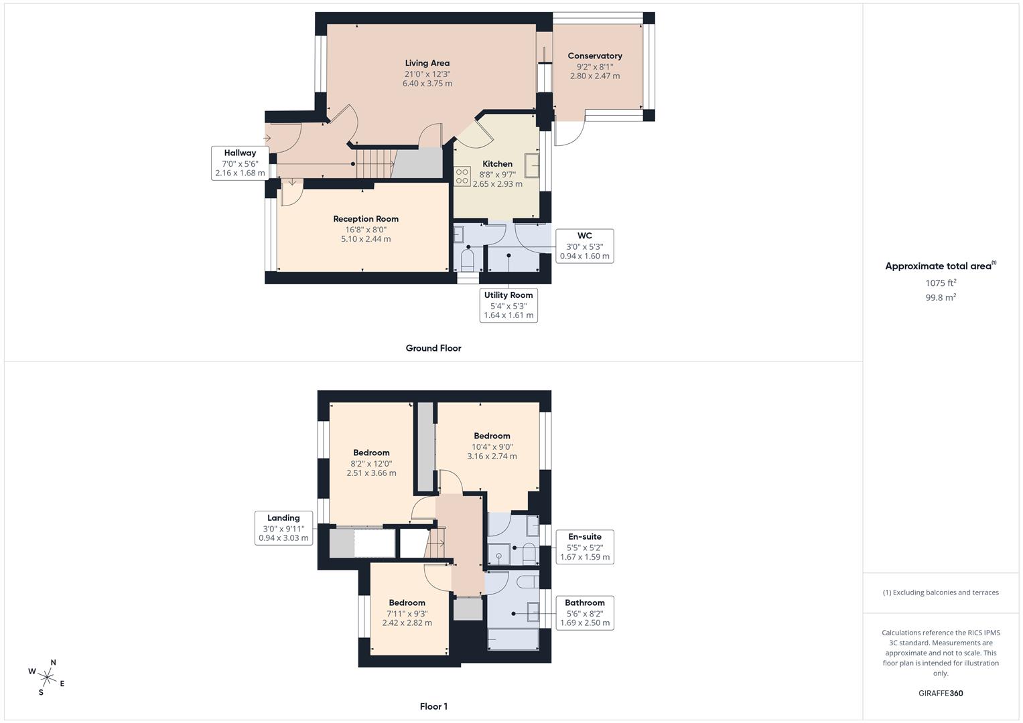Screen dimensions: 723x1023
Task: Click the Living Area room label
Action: click(x=427, y=64)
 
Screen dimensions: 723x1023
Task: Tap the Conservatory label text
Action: click(x=595, y=56)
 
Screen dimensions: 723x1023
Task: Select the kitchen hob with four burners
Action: click(x=462, y=176)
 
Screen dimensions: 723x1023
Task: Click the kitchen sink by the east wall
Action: click(x=532, y=165)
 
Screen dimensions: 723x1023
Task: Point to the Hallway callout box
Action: click(x=240, y=163)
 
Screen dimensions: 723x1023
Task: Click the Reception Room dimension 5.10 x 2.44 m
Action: click(x=366, y=239)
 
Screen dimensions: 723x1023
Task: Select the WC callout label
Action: click(x=584, y=236)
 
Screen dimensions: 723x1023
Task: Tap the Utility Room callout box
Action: click(x=508, y=305)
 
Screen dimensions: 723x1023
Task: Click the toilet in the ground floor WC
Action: click(x=468, y=258)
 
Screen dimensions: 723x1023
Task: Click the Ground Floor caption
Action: click(x=433, y=348)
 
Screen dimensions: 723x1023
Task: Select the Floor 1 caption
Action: click(x=433, y=706)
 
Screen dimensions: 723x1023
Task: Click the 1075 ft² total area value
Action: click(x=941, y=283)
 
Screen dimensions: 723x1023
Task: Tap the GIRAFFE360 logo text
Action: click(x=941, y=694)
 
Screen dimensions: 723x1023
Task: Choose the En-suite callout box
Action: click(x=584, y=547)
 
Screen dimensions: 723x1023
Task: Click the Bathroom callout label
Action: click(x=584, y=613)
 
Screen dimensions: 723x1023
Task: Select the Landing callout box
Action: click(x=283, y=528)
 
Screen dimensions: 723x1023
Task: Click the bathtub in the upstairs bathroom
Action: click(x=513, y=639)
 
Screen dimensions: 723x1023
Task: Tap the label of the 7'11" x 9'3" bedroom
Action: click(x=407, y=603)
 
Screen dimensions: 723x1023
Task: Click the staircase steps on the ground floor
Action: click(x=374, y=163)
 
